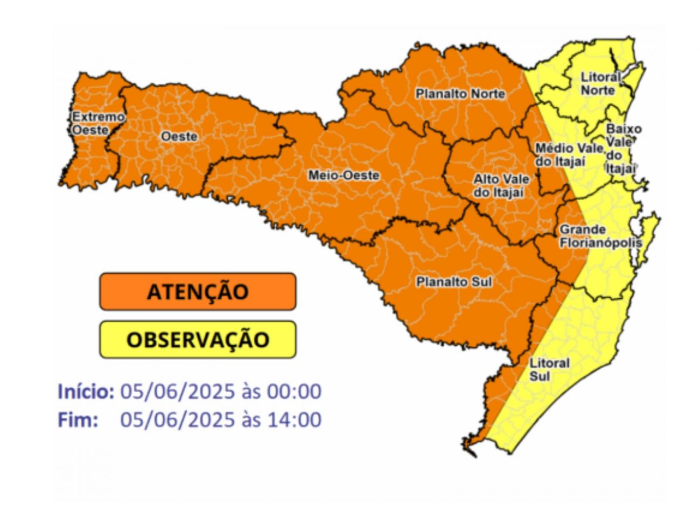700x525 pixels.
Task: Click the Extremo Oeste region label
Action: pyautogui.click(x=97, y=123)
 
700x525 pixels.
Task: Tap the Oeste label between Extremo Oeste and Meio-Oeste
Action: pyautogui.click(x=179, y=137)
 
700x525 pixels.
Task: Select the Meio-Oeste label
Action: pyautogui.click(x=344, y=176)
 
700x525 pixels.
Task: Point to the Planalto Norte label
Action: pyautogui.click(x=460, y=94)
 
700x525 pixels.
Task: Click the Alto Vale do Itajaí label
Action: pyautogui.click(x=501, y=185)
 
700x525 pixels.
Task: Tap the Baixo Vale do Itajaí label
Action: pyautogui.click(x=623, y=149)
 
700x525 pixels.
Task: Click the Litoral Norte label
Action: pyautogui.click(x=600, y=84)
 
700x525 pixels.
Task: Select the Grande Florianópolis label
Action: pyautogui.click(x=600, y=236)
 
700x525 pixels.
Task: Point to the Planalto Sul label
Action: pyautogui.click(x=454, y=282)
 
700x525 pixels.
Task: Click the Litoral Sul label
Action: pyautogui.click(x=549, y=369)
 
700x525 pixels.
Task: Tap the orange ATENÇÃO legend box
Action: pyautogui.click(x=198, y=291)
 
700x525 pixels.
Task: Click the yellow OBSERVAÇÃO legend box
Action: pyautogui.click(x=198, y=340)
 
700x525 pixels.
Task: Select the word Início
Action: pyautogui.click(x=86, y=391)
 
